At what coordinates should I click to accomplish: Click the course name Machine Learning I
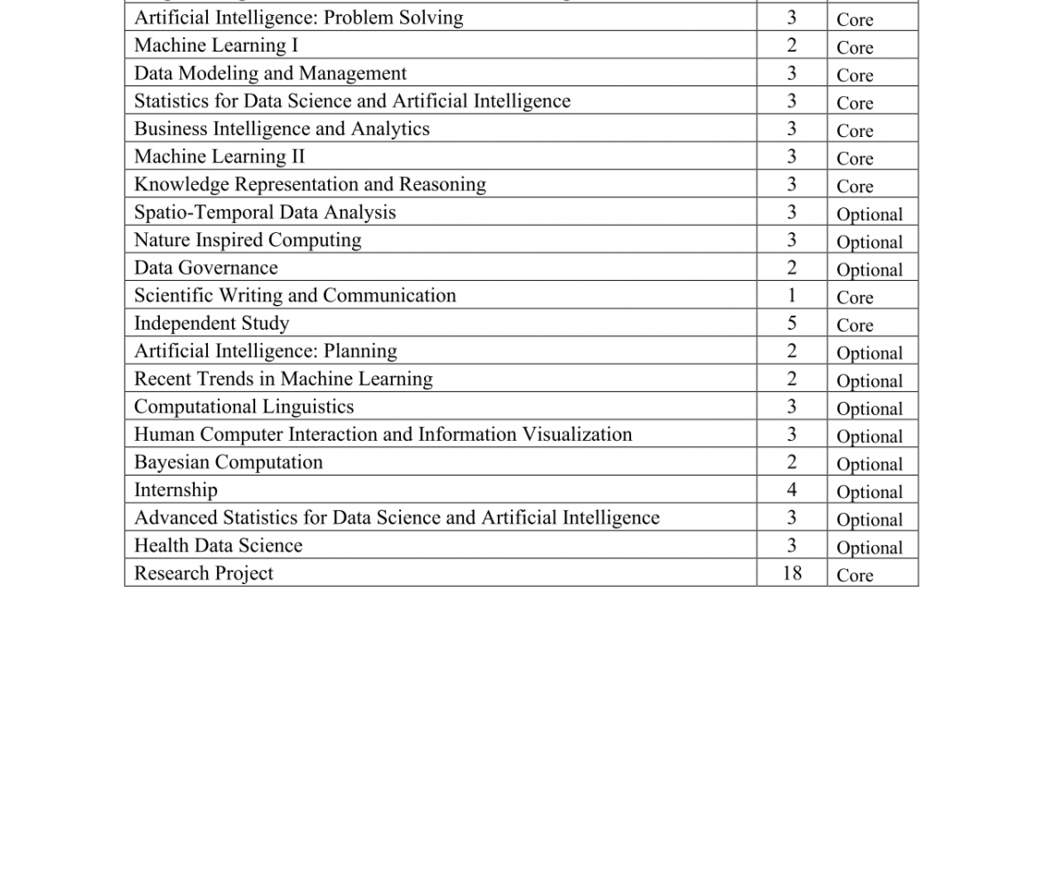[216, 45]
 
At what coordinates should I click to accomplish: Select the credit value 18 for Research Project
[791, 573]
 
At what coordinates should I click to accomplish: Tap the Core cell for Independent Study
[854, 325]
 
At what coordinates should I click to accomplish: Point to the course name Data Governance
[205, 268]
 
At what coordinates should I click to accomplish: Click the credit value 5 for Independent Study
[791, 324]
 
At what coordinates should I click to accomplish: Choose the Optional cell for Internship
[868, 493]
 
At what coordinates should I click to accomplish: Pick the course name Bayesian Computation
[228, 462]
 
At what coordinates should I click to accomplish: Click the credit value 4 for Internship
[791, 490]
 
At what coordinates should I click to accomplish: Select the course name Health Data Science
[218, 546]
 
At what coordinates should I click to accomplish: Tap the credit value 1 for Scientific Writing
[791, 295]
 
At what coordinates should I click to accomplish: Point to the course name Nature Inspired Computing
[247, 240]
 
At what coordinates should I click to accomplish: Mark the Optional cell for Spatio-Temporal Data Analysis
[868, 214]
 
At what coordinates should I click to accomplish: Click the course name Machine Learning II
[219, 156]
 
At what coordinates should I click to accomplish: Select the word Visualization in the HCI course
[580, 435]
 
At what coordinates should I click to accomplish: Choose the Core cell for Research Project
[854, 575]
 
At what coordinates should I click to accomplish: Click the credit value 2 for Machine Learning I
[791, 45]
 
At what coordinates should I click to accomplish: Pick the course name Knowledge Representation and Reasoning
[309, 184]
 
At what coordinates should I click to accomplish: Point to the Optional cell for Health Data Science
[868, 548]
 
